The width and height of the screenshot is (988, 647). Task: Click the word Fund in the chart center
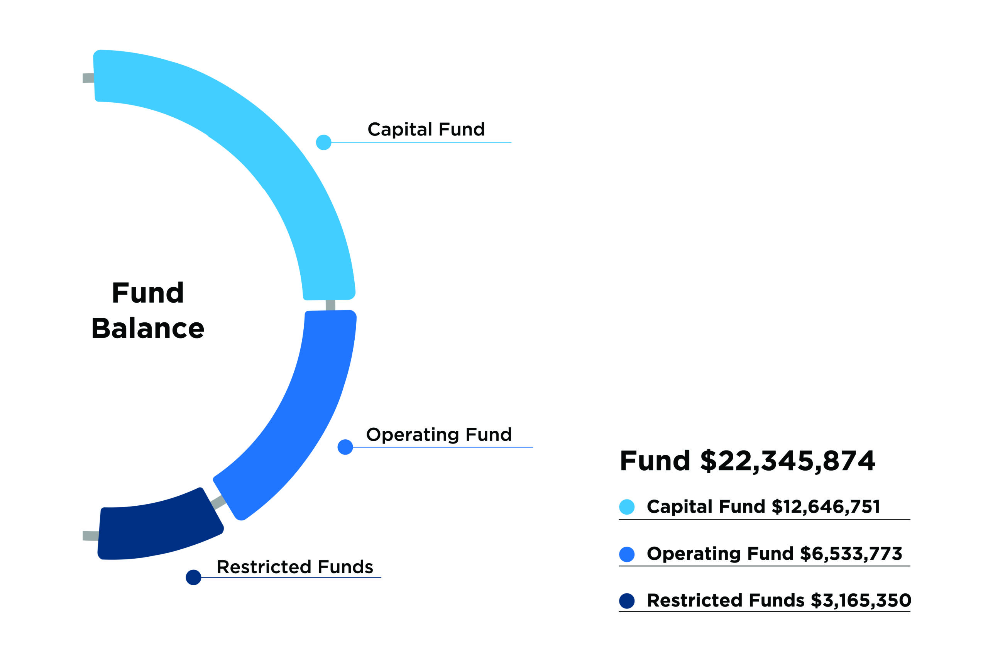[x=148, y=293]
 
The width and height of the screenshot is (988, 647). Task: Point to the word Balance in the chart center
[x=148, y=329]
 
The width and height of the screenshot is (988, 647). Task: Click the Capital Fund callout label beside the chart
[x=426, y=129]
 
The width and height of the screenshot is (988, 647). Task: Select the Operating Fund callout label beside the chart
[x=439, y=434]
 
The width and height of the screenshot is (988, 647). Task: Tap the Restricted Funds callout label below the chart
[x=295, y=567]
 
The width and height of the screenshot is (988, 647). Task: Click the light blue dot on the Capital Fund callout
[x=323, y=142]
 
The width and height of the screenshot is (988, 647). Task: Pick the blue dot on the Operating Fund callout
[x=345, y=447]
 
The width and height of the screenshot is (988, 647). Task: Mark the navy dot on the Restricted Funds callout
[x=193, y=577]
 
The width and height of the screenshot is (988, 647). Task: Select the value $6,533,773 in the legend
[x=851, y=554]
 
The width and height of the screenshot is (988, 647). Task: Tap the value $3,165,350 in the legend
[x=861, y=601]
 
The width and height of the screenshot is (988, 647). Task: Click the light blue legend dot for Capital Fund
[x=626, y=507]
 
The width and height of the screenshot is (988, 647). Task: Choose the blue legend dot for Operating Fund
[x=626, y=554]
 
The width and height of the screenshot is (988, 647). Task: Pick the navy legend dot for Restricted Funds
[x=626, y=601]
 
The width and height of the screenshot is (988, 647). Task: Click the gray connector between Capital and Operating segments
[x=330, y=305]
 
